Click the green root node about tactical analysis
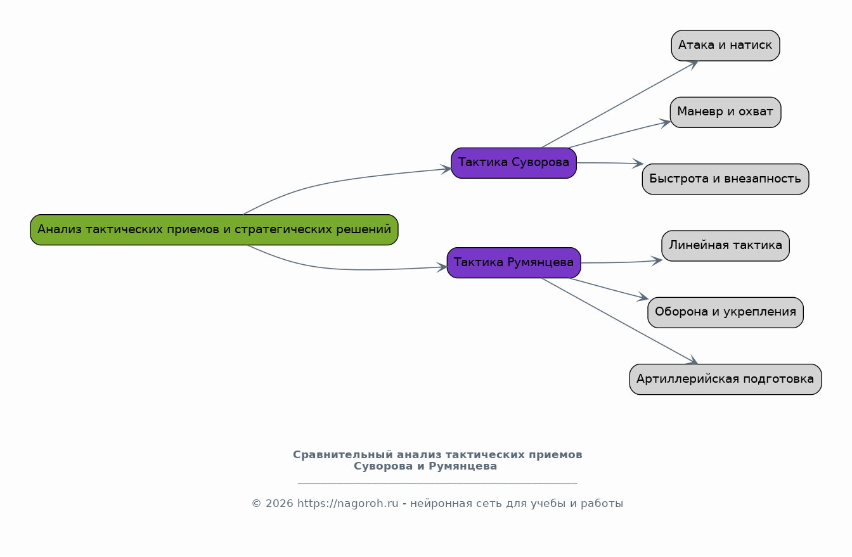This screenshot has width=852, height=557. (214, 229)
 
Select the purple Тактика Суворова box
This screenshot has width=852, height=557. (514, 163)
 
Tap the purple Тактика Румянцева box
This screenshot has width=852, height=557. (514, 263)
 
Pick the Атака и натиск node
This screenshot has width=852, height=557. (725, 46)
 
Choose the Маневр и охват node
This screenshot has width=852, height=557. (725, 112)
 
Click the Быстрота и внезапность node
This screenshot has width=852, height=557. (725, 179)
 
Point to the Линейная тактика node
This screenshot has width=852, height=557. (725, 246)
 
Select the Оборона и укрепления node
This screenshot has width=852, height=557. (725, 312)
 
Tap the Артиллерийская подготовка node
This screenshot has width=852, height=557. (725, 379)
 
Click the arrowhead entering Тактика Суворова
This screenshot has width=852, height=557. (446, 169)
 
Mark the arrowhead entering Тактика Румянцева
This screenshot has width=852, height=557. (442, 267)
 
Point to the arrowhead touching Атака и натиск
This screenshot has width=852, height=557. (693, 65)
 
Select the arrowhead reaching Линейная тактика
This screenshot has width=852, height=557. (657, 261)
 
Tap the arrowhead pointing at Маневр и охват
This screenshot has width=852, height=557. (665, 123)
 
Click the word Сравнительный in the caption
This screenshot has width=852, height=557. (343, 455)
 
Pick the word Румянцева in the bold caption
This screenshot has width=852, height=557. (463, 466)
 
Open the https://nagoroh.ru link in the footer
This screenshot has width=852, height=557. (347, 503)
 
